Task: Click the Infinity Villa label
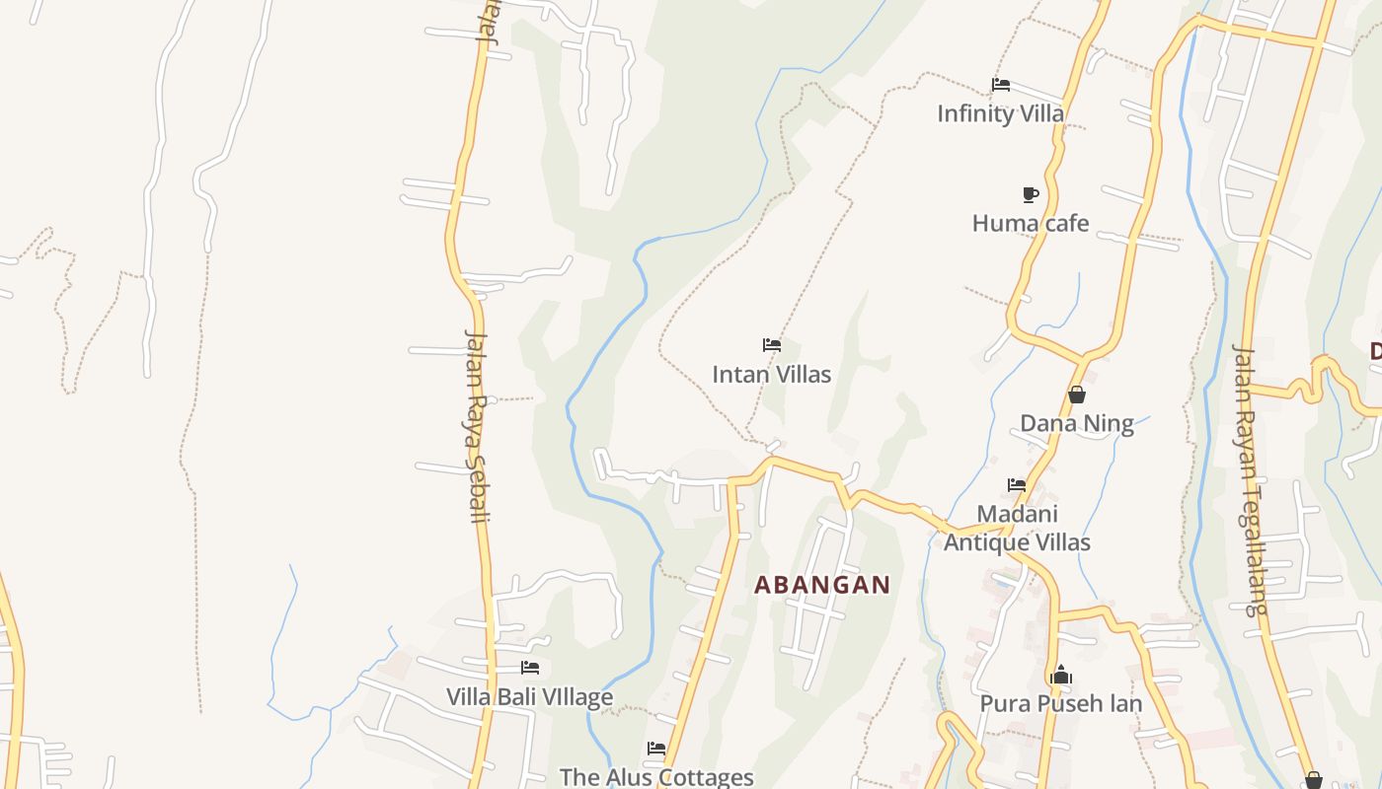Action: [1000, 113]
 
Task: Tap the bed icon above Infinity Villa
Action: [1000, 85]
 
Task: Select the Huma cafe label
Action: [1030, 223]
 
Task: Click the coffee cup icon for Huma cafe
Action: [1030, 194]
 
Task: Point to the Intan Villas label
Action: [771, 375]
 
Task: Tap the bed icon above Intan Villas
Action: [771, 345]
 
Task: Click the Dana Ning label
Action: [1076, 424]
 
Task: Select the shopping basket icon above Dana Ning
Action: [1077, 394]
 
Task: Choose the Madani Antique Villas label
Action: [1017, 528]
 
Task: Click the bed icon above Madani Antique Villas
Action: [1016, 485]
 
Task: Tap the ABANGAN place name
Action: [822, 585]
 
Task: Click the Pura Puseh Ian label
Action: [1060, 704]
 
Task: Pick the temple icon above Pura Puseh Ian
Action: [1061, 676]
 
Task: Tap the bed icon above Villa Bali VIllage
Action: [530, 668]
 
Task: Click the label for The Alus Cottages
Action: [656, 777]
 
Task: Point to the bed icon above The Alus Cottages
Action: [655, 749]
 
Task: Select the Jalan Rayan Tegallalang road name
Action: [1249, 480]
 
